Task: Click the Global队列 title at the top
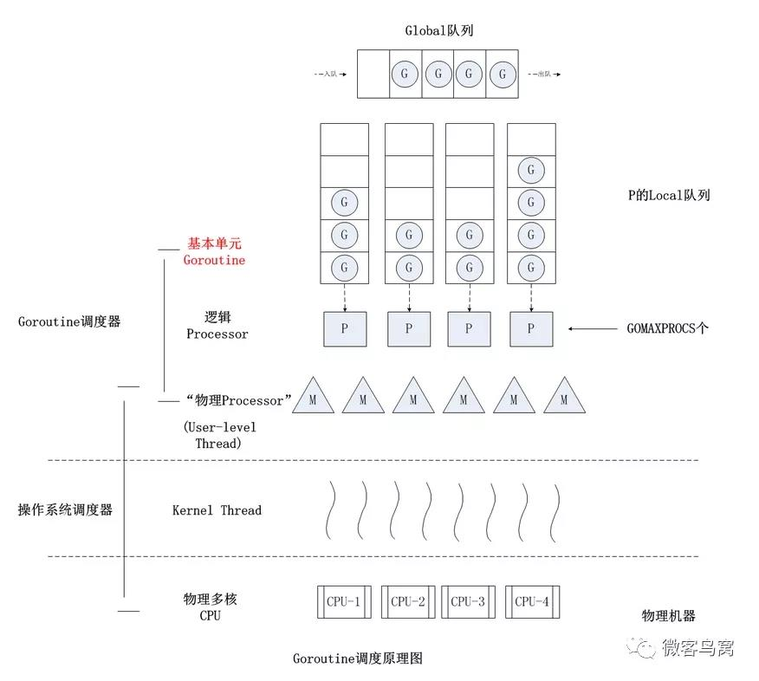coord(438,30)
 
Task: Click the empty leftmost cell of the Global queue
coord(373,75)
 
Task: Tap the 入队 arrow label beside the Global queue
coord(329,75)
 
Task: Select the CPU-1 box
coord(344,601)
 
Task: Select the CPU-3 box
coord(468,601)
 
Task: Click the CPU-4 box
coord(531,601)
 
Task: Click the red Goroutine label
coord(214,260)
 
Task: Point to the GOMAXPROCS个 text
coord(667,329)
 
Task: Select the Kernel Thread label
coord(217,510)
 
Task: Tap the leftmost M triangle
coord(313,399)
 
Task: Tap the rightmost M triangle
coord(564,399)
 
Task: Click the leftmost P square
coord(344,329)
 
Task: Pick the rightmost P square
coord(530,329)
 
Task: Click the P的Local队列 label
coord(669,196)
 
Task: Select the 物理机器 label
coord(668,616)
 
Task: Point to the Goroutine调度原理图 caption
coord(357,658)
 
